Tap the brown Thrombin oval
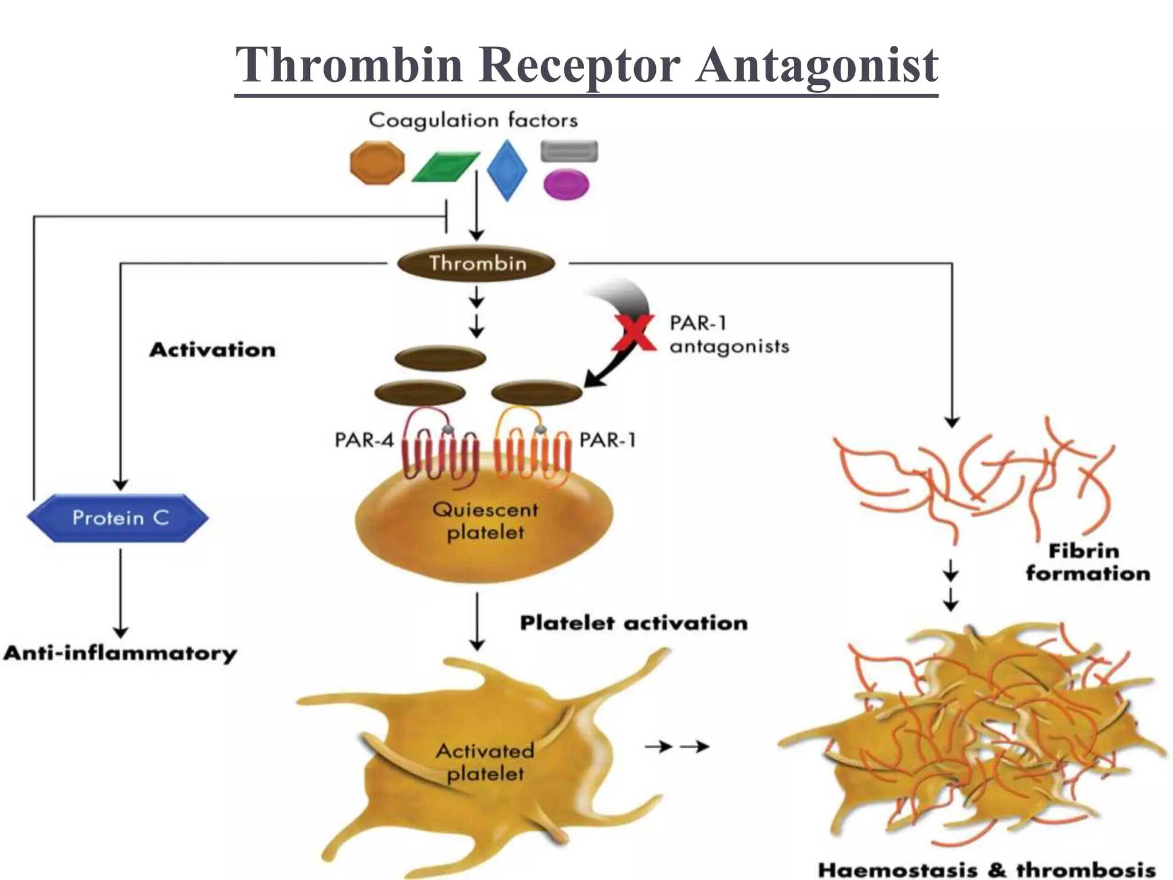[x=477, y=264]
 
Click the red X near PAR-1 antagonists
[x=633, y=333]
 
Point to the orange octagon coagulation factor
[x=377, y=163]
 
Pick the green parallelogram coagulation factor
[x=446, y=167]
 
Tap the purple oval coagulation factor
[x=566, y=185]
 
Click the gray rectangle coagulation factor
[x=569, y=151]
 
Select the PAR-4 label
[x=364, y=440]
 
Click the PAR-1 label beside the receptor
[x=608, y=440]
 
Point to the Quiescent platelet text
[x=485, y=521]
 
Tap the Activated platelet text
[x=485, y=761]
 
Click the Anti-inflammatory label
[x=120, y=653]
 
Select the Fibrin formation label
[x=1088, y=562]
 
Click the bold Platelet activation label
[x=633, y=623]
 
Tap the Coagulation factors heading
[x=473, y=120]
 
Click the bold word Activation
[x=212, y=349]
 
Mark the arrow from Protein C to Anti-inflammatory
[x=120, y=593]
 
